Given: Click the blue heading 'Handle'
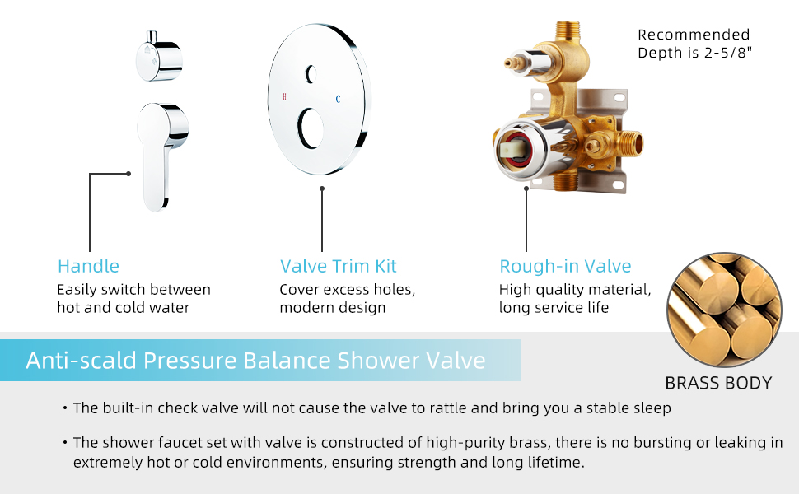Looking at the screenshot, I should pyautogui.click(x=88, y=266).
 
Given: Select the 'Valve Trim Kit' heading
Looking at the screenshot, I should pyautogui.click(x=338, y=266).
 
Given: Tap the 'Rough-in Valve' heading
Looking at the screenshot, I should pyautogui.click(x=565, y=266).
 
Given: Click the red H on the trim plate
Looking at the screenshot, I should pyautogui.click(x=285, y=97).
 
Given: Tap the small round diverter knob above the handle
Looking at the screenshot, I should pyautogui.click(x=157, y=56).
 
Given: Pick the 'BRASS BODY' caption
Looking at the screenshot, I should pyautogui.click(x=718, y=383).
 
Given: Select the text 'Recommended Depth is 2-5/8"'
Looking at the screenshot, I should pyautogui.click(x=694, y=44).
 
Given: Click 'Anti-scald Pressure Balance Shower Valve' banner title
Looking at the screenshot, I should pyautogui.click(x=255, y=361).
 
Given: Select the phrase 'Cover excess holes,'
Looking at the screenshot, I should pyautogui.click(x=347, y=290).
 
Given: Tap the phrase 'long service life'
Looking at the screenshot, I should pyautogui.click(x=554, y=308).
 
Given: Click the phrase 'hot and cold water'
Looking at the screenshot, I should pyautogui.click(x=123, y=308).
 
